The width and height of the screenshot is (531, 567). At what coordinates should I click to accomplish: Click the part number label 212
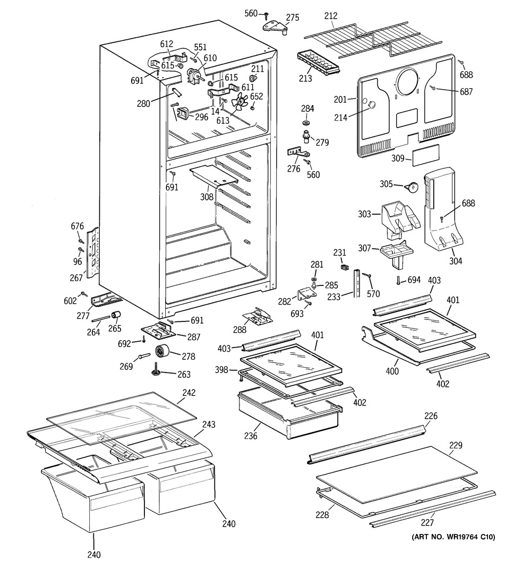330,16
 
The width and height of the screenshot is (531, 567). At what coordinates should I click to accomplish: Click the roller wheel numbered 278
161,352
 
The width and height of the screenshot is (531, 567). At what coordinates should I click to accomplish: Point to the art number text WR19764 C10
453,537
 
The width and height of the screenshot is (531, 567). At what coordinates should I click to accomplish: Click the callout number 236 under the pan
251,436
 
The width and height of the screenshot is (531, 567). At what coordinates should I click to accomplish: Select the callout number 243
209,425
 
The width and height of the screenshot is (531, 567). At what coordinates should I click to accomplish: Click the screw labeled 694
397,281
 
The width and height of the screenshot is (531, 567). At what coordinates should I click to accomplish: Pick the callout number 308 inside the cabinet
207,197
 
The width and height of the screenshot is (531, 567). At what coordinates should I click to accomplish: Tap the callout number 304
456,260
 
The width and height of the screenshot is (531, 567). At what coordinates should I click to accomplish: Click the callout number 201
340,99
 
